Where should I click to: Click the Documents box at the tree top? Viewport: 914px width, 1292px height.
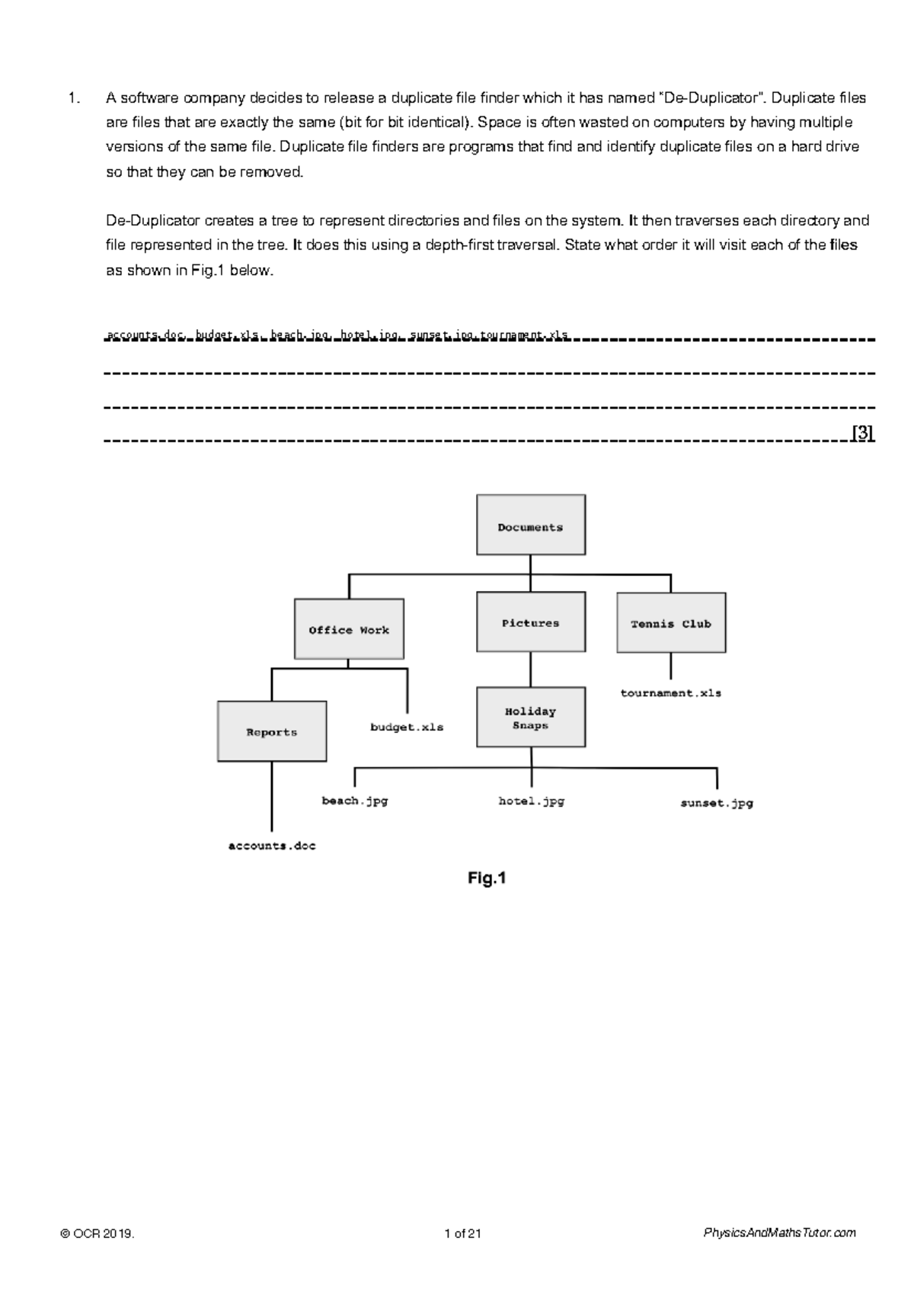530,525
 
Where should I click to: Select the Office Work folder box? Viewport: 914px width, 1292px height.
349,629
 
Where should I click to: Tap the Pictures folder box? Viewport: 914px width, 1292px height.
530,622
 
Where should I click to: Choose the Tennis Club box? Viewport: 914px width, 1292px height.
670,623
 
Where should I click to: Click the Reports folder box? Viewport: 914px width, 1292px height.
271,731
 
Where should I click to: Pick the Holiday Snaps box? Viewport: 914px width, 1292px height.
530,718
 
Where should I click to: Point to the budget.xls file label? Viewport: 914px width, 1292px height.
407,727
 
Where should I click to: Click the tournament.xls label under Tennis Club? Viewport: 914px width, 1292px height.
670,693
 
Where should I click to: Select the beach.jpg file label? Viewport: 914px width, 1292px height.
355,801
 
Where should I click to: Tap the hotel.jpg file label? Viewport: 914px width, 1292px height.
531,801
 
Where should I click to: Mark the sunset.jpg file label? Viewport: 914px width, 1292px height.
716,803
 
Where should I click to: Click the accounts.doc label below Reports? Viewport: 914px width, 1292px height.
272,846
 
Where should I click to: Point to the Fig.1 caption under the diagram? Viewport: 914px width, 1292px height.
487,878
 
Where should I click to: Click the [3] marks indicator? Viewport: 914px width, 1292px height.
862,433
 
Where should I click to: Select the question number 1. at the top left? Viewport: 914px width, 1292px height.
73,98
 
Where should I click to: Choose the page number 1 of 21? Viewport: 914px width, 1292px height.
462,1233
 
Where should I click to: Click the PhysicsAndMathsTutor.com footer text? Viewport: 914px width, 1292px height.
779,1233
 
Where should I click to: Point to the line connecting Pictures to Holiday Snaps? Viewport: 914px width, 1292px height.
531,670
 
